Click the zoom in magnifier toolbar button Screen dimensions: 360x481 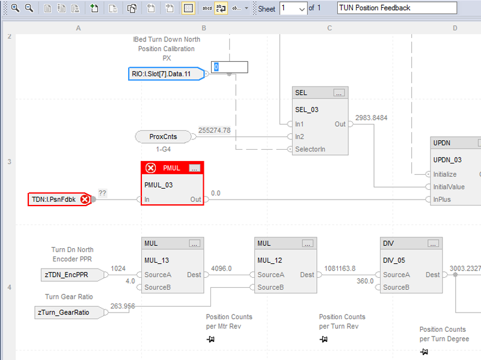coord(15,8)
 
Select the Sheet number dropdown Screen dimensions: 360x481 coord(293,8)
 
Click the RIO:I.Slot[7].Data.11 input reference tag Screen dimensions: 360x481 coord(166,74)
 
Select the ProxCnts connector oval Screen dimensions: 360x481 coord(162,136)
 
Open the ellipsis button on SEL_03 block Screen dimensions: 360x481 coord(339,93)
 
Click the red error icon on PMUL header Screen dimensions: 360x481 coord(152,168)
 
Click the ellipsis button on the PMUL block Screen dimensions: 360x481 coord(194,168)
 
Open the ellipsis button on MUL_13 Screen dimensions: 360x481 coord(194,243)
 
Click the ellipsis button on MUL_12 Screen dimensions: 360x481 coord(307,243)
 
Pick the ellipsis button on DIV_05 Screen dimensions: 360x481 coord(433,243)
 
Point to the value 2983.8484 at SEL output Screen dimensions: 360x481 coord(372,117)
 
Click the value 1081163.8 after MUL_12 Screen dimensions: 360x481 coord(340,269)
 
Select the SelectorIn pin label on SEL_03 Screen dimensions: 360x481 coord(310,148)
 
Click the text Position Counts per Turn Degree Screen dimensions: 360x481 coord(443,334)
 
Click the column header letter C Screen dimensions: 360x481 coord(329,28)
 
